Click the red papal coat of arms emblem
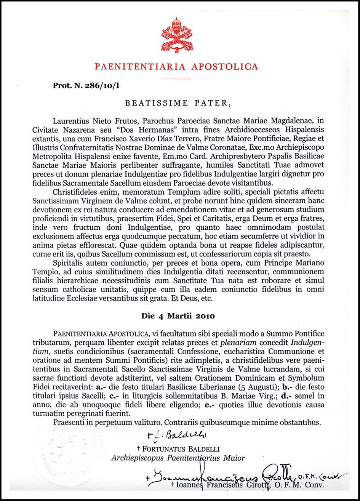[x=176, y=35]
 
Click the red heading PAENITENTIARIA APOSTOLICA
[x=176, y=67]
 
